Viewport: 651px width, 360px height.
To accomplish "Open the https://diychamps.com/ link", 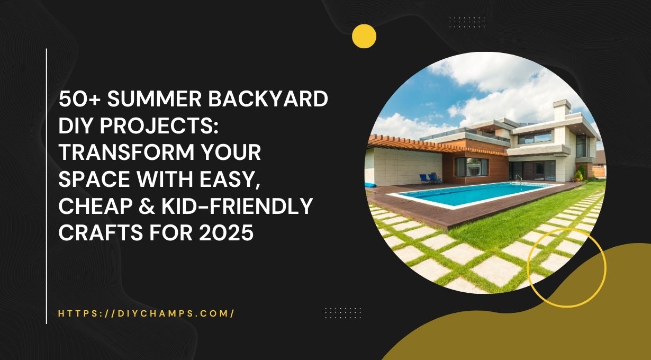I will click(146, 313).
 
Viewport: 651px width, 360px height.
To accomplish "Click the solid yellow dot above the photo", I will click(364, 37).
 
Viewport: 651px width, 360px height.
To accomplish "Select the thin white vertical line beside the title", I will click(47, 185).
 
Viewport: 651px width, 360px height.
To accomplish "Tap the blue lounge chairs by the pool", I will click(428, 178).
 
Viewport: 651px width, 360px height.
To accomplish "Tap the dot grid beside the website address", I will click(342, 312).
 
